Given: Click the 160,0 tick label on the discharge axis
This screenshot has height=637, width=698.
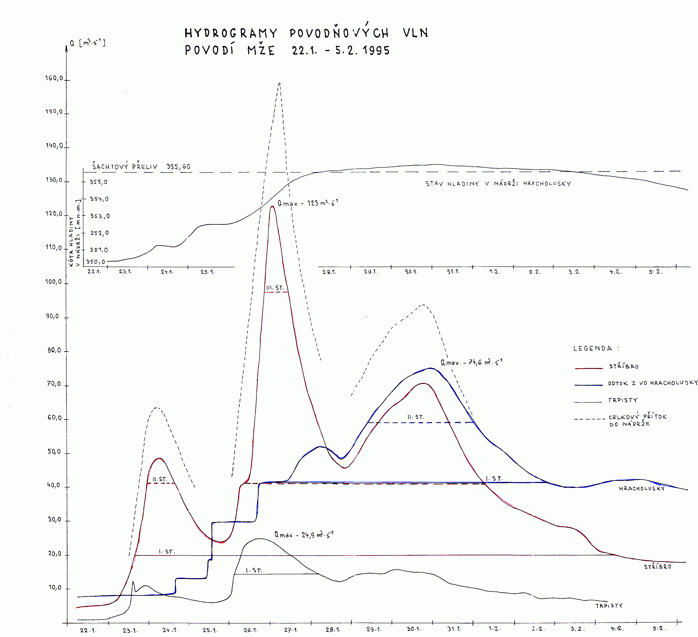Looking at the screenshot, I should pos(54,78).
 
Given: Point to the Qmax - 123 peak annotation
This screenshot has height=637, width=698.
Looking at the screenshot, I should pos(307,203).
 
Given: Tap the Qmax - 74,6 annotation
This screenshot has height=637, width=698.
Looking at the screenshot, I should pos(471,362).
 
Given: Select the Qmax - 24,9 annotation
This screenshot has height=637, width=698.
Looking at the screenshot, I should pos(304,535).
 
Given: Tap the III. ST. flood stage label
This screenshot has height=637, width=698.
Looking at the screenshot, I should pos(275,288).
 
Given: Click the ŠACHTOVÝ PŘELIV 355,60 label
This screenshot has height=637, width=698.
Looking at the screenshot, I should pos(141,167).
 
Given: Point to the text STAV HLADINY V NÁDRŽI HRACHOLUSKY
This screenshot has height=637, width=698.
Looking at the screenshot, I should pos(498,183).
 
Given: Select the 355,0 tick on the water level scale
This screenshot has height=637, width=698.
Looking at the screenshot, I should pos(98,182).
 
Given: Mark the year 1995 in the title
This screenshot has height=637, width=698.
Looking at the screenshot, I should pos(376,50).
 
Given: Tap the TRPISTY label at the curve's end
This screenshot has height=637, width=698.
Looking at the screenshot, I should pos(609,605).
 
